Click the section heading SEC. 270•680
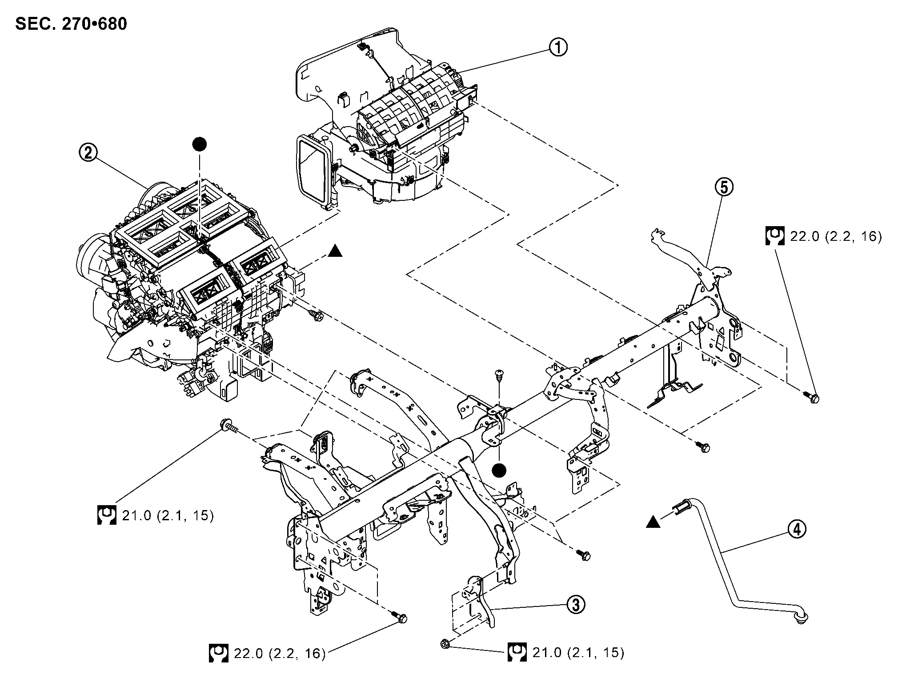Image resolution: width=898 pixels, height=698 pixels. (x=71, y=24)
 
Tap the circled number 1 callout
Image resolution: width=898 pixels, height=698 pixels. (x=558, y=47)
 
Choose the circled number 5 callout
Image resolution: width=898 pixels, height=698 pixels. (x=724, y=187)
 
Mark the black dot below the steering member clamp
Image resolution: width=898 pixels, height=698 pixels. (x=501, y=470)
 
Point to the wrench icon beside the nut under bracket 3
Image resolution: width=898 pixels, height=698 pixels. (x=517, y=652)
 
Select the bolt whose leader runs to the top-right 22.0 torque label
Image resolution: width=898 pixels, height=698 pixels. (x=813, y=398)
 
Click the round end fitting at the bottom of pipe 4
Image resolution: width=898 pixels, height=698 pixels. (x=803, y=618)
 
